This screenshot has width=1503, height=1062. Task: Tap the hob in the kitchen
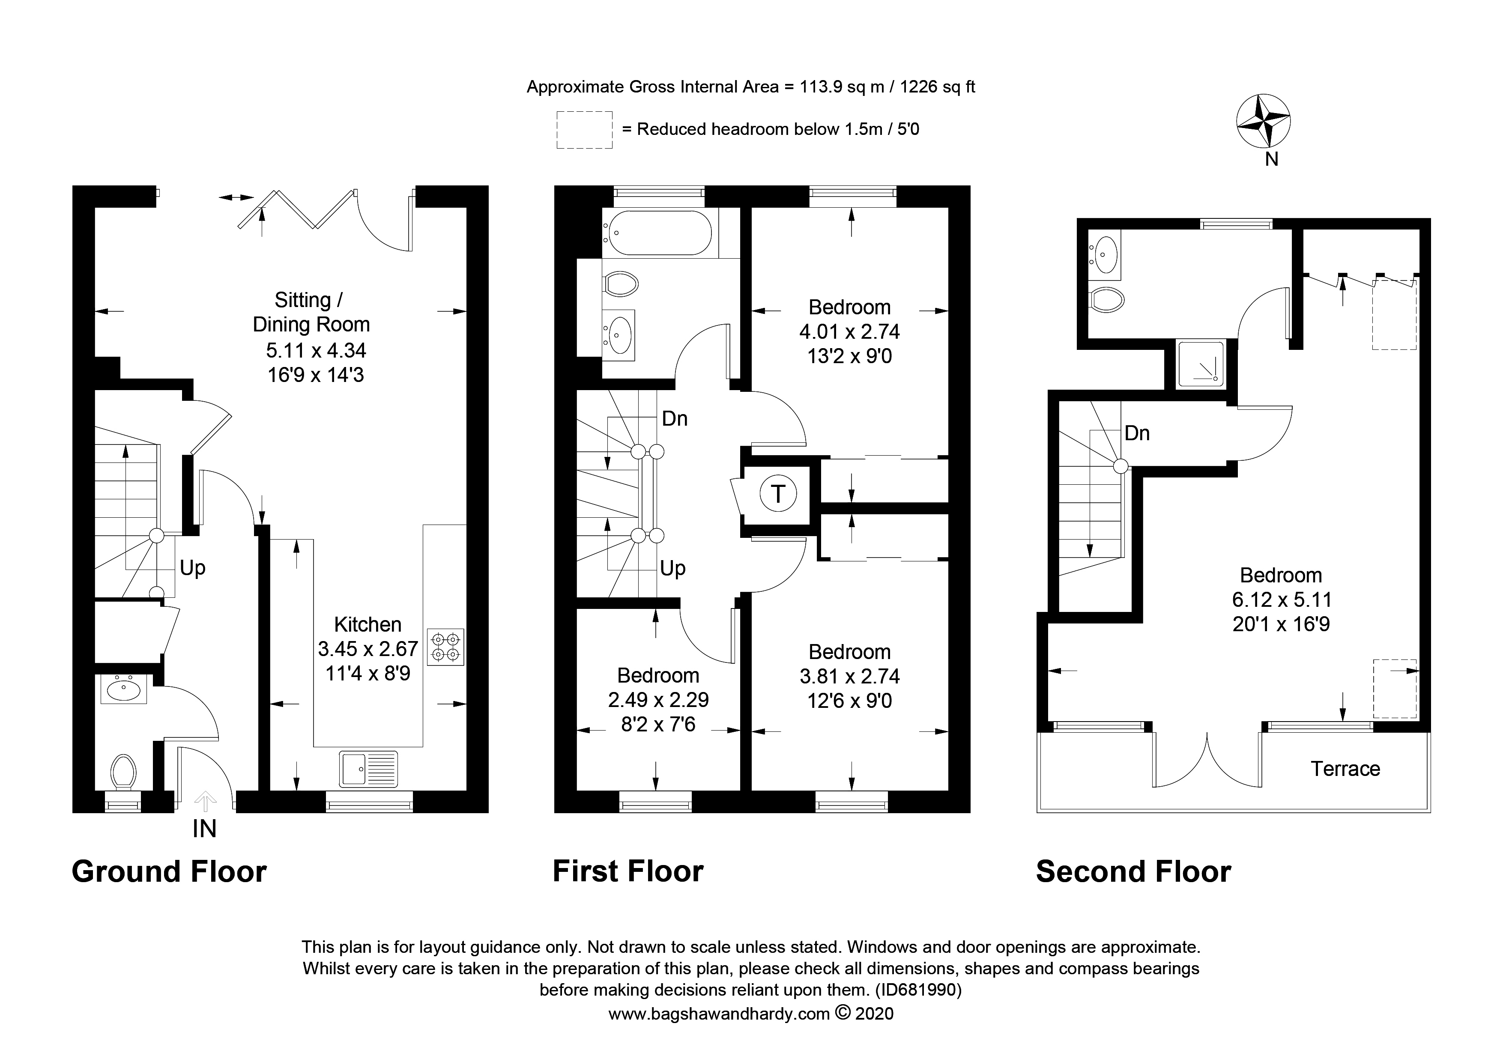coord(445,647)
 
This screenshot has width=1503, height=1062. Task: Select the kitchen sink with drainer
coord(368,768)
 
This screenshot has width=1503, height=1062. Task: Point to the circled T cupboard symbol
coord(778,493)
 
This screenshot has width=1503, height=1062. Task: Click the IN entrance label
coord(204,829)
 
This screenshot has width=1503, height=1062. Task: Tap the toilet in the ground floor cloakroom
coord(123,772)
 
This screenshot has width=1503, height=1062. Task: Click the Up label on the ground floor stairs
coord(192,568)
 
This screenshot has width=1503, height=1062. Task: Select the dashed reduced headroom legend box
coord(584,130)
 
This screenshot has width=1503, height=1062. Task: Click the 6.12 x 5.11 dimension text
coord(1281,600)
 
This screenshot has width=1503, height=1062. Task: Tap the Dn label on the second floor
coord(1137,433)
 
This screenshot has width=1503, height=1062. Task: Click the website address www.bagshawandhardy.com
coord(719,1014)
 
